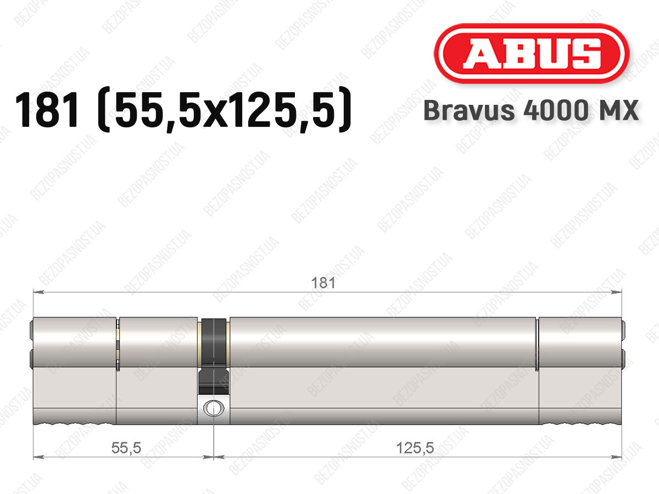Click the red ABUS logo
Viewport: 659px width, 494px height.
click(x=532, y=53)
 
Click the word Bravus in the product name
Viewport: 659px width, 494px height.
click(x=469, y=110)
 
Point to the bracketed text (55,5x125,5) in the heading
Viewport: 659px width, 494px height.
click(x=225, y=110)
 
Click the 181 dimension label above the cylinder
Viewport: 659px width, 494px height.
click(x=323, y=283)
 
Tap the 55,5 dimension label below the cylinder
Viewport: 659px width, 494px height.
click(x=126, y=448)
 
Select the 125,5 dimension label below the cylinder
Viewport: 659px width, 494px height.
click(x=415, y=448)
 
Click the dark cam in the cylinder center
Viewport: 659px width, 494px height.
click(x=214, y=356)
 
